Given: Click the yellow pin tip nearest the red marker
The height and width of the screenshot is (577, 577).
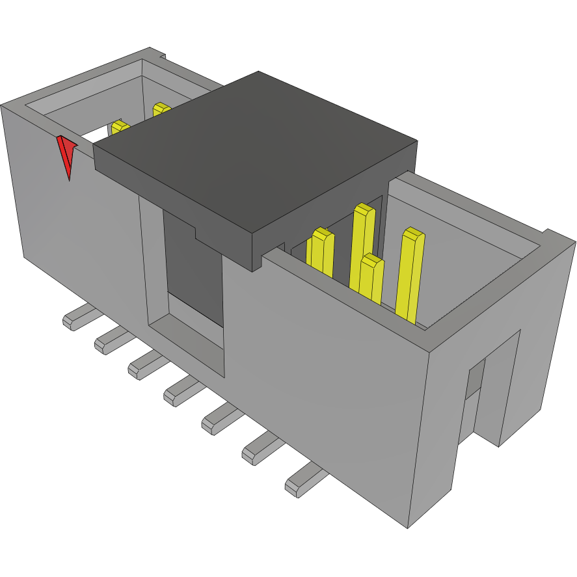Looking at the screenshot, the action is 118,127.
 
